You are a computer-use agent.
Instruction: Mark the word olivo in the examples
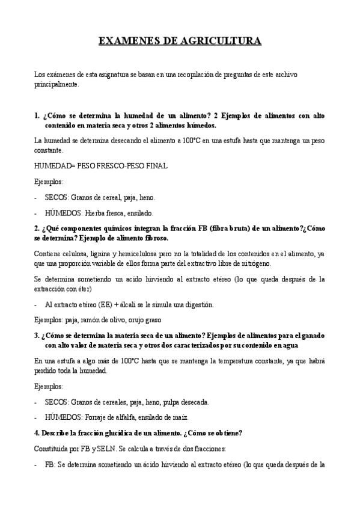pyautogui.click(x=119, y=319)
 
